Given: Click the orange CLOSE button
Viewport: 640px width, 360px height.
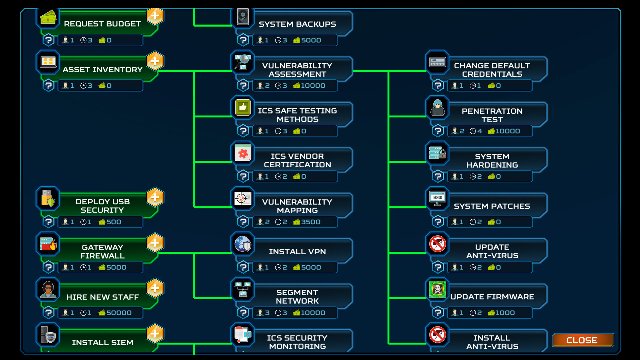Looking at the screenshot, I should [x=582, y=340].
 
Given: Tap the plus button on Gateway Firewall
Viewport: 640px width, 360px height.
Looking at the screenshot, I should [x=155, y=243].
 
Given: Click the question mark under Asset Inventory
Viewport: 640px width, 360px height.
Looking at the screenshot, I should [x=49, y=86].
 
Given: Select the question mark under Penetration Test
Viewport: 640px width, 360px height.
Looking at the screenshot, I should [x=438, y=131].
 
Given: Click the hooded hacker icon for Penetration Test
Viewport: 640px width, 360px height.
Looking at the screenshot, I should [x=437, y=108].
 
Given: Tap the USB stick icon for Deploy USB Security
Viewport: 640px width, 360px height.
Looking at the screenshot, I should [x=48, y=198].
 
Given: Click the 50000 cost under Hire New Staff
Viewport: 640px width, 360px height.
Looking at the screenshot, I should [x=119, y=313].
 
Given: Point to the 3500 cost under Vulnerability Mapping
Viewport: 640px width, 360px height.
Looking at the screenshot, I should [x=310, y=222].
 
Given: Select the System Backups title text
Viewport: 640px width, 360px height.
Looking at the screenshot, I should [x=297, y=24].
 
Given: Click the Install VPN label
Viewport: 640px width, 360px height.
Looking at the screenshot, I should [x=297, y=252].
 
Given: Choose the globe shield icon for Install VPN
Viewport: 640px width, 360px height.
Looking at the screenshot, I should [x=243, y=244].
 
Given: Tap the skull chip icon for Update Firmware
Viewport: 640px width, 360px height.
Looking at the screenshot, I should [x=437, y=289].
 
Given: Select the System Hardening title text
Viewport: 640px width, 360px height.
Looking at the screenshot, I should [x=492, y=161].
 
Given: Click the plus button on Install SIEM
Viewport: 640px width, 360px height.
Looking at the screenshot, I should [x=155, y=333].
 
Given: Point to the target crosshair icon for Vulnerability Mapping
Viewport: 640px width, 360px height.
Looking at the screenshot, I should [x=243, y=199].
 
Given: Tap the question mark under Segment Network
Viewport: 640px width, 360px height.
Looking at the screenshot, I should [x=243, y=313].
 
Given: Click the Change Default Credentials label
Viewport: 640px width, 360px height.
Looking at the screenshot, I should [x=492, y=70].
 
